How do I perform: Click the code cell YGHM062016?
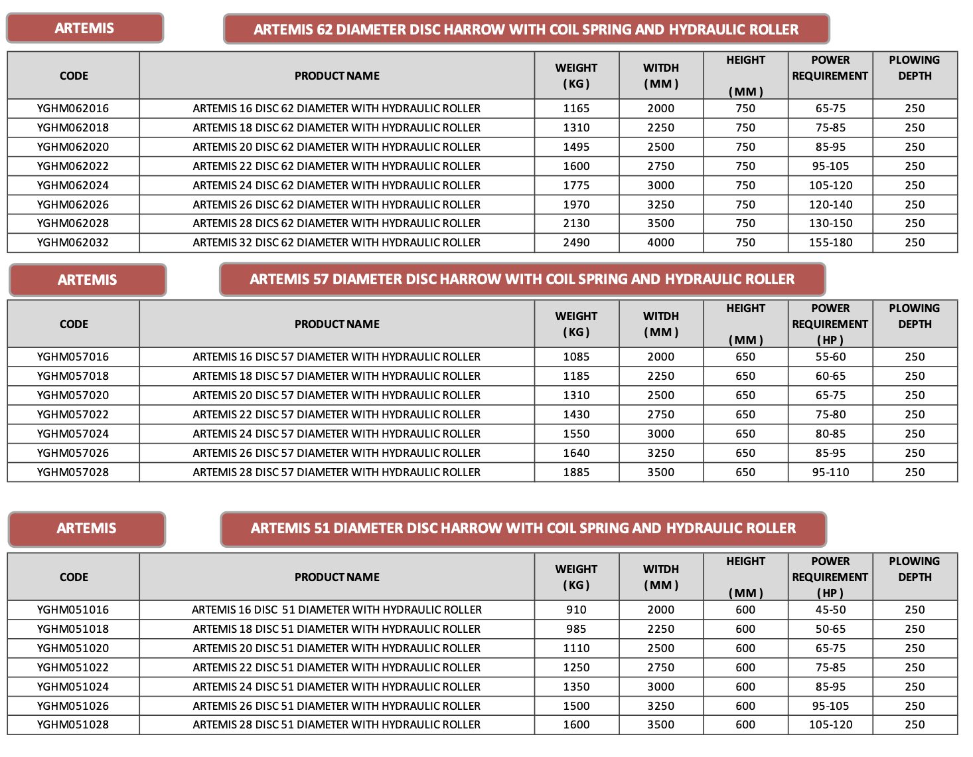(x=73, y=108)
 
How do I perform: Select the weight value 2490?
(x=576, y=242)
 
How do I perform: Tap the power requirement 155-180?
(x=830, y=242)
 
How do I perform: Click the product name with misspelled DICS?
(x=337, y=223)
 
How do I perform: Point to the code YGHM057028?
(x=73, y=472)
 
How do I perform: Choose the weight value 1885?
(x=576, y=472)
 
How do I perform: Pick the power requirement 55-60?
(x=830, y=357)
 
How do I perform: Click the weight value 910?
(x=576, y=610)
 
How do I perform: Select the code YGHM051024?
(x=73, y=687)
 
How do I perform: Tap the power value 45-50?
(x=830, y=610)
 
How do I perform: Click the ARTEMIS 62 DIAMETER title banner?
(x=526, y=29)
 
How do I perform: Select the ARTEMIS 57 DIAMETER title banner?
(x=522, y=280)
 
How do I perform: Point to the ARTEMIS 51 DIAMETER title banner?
(x=523, y=529)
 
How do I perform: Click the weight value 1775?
(x=576, y=185)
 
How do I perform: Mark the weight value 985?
(x=576, y=629)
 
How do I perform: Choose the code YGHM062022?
(x=73, y=166)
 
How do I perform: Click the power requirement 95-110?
(x=830, y=472)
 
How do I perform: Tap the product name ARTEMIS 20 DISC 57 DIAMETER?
(x=337, y=395)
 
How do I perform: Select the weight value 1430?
(x=576, y=414)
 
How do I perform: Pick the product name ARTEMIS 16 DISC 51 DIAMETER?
(x=337, y=610)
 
